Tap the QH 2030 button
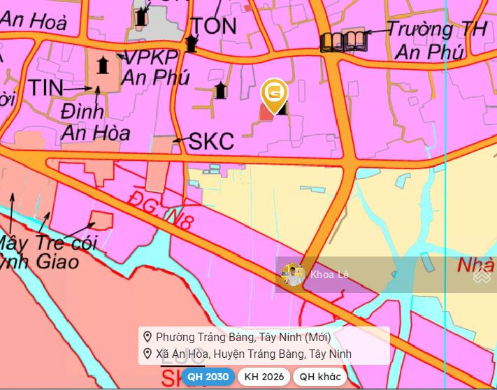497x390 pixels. tap(207, 377)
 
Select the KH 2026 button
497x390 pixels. tap(264, 377)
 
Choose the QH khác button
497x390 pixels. tap(319, 377)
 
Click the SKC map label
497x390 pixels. tap(211, 140)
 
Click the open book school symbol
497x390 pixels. tap(343, 42)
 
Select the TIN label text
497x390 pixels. tap(45, 88)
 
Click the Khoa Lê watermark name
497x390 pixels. tap(329, 275)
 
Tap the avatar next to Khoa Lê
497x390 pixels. tap(293, 275)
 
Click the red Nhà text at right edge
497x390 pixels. tap(475, 266)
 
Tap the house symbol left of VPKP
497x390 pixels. tap(103, 66)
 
